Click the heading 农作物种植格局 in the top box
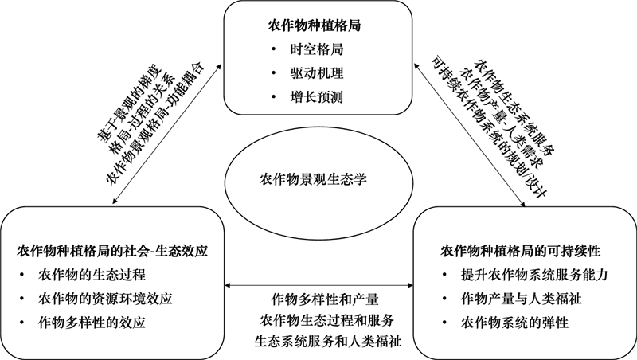coord(314,25)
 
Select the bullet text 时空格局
coord(317,49)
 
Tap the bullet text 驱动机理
coord(317,73)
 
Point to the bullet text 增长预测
coord(317,97)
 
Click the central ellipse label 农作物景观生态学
coord(313,178)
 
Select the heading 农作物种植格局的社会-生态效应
coord(112,251)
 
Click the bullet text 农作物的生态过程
coord(92,275)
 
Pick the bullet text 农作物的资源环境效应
coord(105,299)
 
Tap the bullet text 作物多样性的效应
coord(92,323)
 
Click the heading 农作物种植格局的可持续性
coord(521,251)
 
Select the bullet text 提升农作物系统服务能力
coord(534,275)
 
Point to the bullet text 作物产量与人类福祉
coord(522,299)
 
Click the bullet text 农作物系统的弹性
coord(514,323)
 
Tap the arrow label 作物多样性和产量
coord(325,299)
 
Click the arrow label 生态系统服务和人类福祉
coord(328,341)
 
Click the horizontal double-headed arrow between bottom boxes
coord(318,285)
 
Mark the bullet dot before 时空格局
coord(274,49)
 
